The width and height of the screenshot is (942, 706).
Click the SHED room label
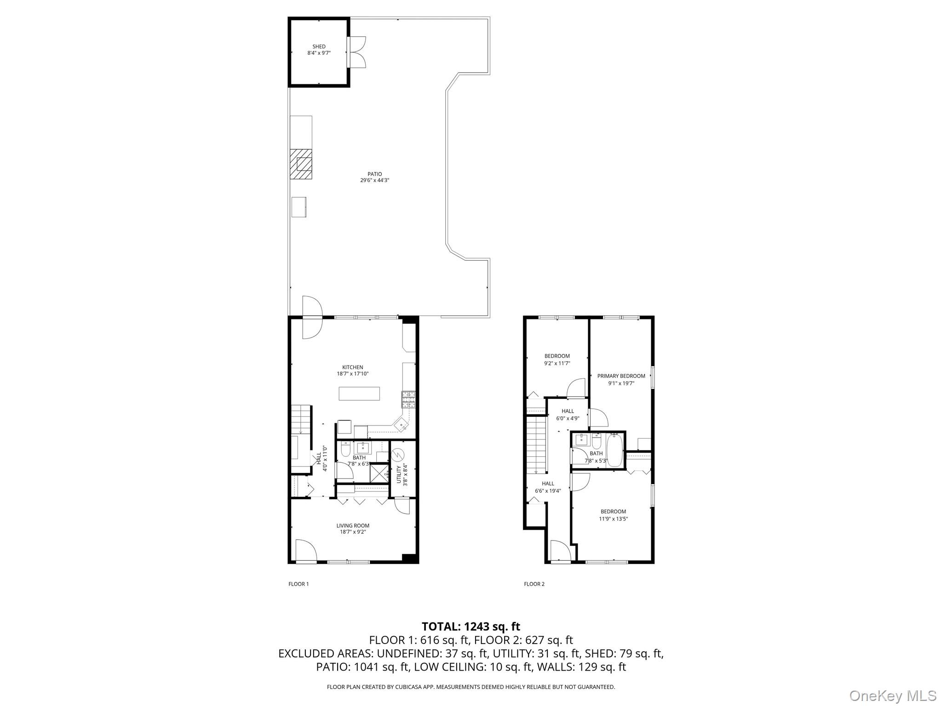(319, 46)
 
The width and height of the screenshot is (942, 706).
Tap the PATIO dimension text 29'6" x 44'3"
(374, 181)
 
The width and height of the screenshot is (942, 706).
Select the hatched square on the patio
(301, 164)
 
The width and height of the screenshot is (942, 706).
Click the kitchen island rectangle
(359, 393)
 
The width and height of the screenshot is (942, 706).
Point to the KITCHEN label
(352, 367)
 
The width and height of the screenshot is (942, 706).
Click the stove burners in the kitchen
(408, 399)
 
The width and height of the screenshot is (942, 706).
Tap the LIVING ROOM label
(352, 525)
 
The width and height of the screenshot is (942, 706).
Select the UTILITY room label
(399, 475)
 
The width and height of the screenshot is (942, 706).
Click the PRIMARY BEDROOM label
(621, 376)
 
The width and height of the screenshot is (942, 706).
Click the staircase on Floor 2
(536, 444)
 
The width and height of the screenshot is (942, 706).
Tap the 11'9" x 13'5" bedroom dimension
(613, 519)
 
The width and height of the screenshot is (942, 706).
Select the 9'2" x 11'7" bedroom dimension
(557, 363)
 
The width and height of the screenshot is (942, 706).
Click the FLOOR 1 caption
(299, 584)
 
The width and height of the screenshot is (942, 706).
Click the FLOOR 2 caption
(534, 584)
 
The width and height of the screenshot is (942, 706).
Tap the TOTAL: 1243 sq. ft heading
(471, 626)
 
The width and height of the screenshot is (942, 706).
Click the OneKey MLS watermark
(893, 695)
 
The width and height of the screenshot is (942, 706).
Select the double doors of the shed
(356, 51)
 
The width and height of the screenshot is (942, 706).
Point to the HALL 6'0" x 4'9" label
(568, 415)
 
